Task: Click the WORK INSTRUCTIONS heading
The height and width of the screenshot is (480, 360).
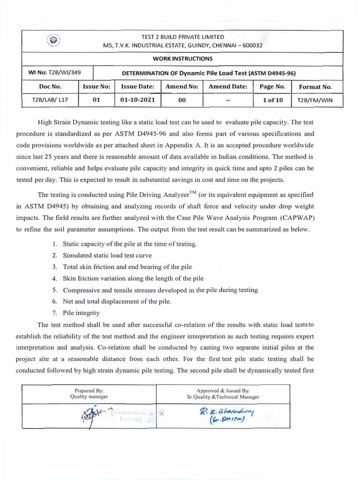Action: [x=182, y=59]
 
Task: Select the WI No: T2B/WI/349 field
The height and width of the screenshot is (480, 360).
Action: [x=58, y=73]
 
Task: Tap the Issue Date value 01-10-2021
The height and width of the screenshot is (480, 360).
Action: [x=137, y=100]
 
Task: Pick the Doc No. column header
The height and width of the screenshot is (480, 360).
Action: [x=50, y=87]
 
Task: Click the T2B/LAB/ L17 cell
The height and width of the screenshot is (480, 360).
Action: [x=50, y=100]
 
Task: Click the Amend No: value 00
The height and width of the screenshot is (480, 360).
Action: [x=182, y=100]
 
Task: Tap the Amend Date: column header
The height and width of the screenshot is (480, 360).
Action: [x=228, y=87]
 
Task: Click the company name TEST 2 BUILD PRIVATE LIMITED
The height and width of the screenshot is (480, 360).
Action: [x=183, y=37]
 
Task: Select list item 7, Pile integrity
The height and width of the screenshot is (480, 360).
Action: [x=81, y=313]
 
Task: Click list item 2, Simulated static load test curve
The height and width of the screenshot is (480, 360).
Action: [x=107, y=255]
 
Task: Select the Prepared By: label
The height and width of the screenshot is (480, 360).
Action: [x=89, y=390]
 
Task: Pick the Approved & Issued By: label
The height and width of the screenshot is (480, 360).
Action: [x=223, y=390]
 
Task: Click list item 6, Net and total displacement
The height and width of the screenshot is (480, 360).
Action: [x=117, y=301]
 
